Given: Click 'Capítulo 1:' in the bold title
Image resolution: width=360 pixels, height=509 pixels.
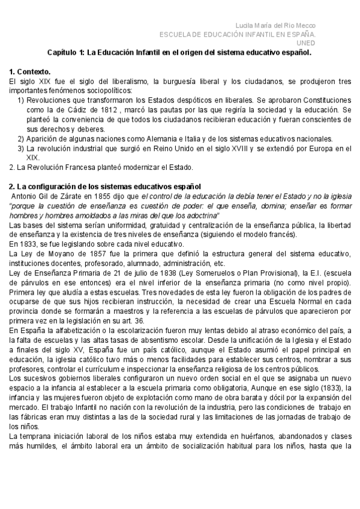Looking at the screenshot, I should pos(65,53).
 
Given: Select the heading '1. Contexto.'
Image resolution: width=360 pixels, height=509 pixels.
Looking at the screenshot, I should pos(31,71).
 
